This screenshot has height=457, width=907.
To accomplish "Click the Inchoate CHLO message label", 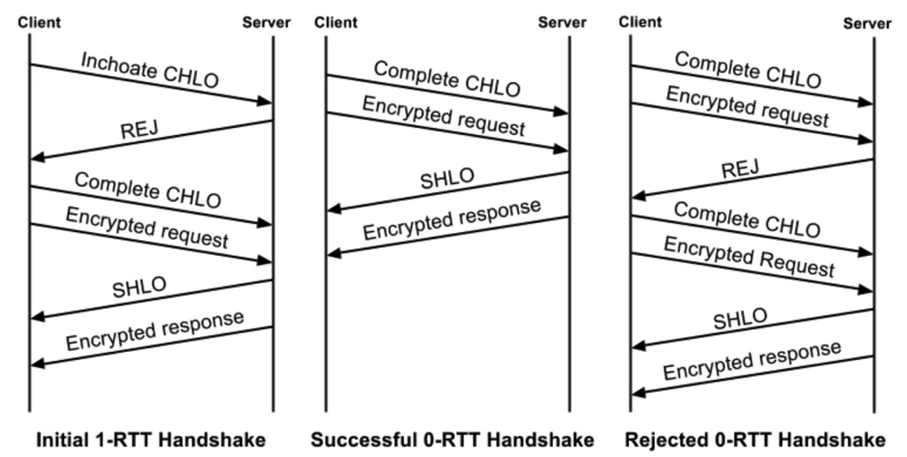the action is pyautogui.click(x=150, y=70).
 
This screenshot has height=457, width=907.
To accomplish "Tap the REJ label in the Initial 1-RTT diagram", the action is pyautogui.click(x=139, y=129).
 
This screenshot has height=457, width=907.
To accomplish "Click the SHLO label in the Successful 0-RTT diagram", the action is pyautogui.click(x=447, y=178).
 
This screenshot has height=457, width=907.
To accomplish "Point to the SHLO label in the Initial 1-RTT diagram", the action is pyautogui.click(x=139, y=287).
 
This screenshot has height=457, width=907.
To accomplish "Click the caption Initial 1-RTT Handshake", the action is pyautogui.click(x=151, y=439).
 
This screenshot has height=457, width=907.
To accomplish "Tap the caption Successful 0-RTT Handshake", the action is pyautogui.click(x=453, y=439).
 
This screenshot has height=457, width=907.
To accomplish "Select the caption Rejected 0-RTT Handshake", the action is pyautogui.click(x=755, y=439).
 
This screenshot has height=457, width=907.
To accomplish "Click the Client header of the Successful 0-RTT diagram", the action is pyautogui.click(x=336, y=23).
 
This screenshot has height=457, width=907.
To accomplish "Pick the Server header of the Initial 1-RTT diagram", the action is pyautogui.click(x=266, y=23).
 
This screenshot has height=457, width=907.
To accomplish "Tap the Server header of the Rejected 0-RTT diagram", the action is pyautogui.click(x=867, y=24).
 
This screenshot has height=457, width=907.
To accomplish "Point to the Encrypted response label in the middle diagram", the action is pyautogui.click(x=452, y=220).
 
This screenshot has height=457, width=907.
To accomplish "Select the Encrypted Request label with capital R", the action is pyautogui.click(x=749, y=257).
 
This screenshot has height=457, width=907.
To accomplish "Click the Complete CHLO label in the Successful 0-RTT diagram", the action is pyautogui.click(x=447, y=79).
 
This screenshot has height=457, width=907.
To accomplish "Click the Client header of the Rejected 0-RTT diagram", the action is pyautogui.click(x=641, y=23).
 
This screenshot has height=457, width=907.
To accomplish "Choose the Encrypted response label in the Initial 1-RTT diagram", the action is pyautogui.click(x=155, y=331).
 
